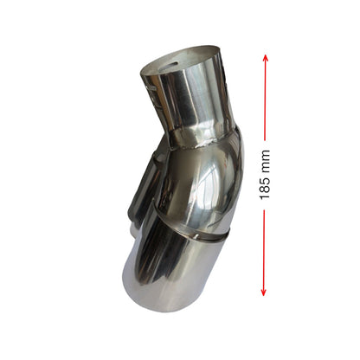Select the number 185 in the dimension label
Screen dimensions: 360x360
265,189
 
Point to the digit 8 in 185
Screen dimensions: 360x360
265,189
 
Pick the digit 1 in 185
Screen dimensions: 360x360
265,196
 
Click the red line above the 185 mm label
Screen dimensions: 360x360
266,97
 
